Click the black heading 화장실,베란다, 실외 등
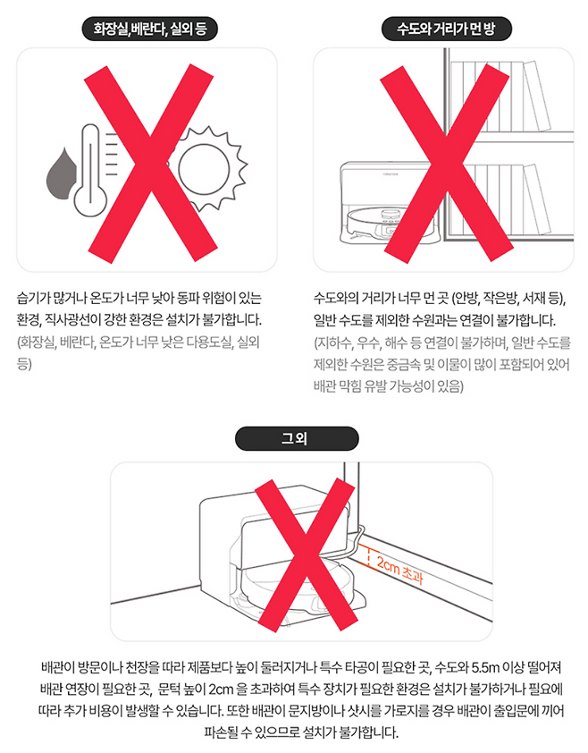[150, 30]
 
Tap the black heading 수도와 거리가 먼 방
[447, 30]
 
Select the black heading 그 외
[297, 438]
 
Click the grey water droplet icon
[61, 177]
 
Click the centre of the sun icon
[204, 168]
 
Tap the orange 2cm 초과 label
[399, 570]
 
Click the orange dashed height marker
[369, 557]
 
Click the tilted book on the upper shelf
[537, 96]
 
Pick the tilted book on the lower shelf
[537, 199]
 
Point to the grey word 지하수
[333, 343]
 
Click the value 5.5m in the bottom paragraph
[485, 667]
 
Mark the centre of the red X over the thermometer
[151, 164]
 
